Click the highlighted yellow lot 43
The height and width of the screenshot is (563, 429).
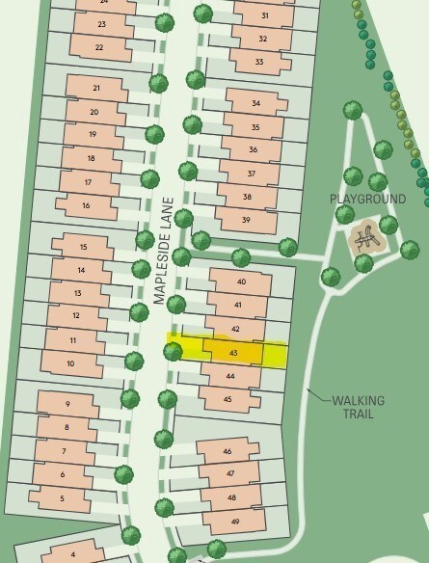234,352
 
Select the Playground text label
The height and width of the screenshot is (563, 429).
367,199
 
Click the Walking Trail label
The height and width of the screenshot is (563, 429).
358,407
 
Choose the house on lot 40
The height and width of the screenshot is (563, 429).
239,281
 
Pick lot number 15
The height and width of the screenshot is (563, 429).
83,248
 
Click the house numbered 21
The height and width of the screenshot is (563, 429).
96,89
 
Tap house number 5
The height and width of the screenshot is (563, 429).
62,498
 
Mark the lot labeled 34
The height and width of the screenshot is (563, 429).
255,103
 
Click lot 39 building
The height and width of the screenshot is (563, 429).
246,220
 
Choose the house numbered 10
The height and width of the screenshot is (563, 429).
70,362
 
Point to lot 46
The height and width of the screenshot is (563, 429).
228,451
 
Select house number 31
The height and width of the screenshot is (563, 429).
264,16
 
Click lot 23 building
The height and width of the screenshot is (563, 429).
102,23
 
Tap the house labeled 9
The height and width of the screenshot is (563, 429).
67,404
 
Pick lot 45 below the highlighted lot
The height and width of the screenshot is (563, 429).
228,398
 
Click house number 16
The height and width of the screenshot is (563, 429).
86,205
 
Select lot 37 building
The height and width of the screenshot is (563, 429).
250,174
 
